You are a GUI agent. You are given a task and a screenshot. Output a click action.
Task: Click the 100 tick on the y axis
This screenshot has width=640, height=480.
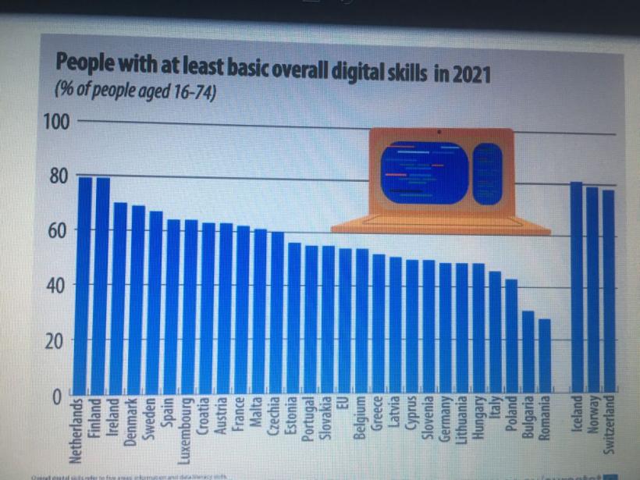point(61,122)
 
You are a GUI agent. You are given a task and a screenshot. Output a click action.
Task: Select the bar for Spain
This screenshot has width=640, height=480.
point(172,304)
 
